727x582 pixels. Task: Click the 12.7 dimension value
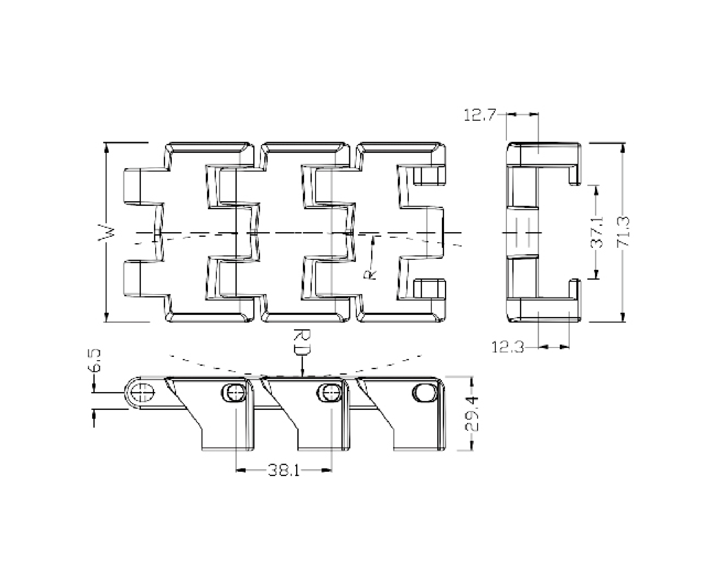[480, 115]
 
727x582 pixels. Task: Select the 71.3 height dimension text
[623, 232]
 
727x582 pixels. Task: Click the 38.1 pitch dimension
[284, 471]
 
